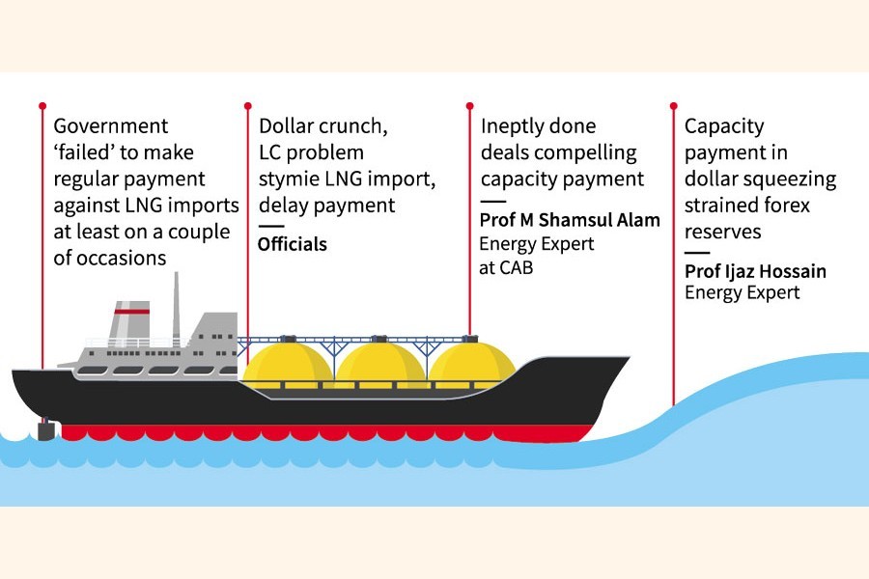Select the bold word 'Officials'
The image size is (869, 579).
[293, 245]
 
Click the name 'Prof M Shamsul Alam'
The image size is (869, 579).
[570, 220]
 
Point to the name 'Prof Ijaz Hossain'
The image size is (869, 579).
[755, 271]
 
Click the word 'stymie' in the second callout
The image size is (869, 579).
[288, 179]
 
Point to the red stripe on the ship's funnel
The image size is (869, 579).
[131, 312]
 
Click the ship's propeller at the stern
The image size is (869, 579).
[45, 429]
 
